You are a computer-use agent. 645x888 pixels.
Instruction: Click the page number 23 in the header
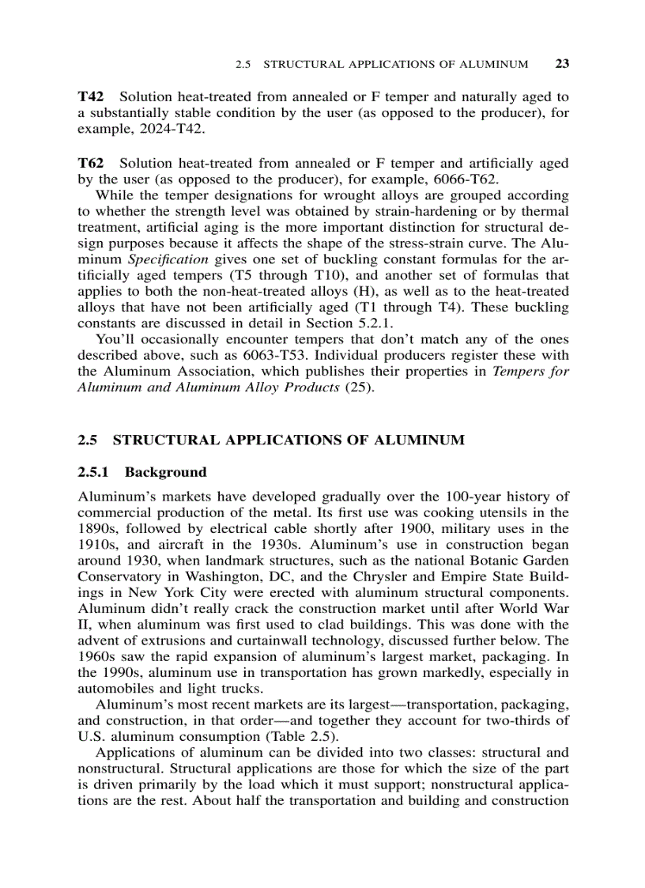point(562,64)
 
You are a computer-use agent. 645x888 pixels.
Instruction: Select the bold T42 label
point(92,96)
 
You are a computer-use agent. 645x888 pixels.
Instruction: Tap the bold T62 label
point(92,163)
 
